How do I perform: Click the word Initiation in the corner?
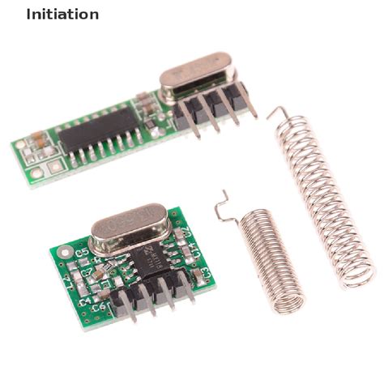click(62, 14)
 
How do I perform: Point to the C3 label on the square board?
click(203, 271)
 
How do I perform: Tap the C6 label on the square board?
click(99, 307)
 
